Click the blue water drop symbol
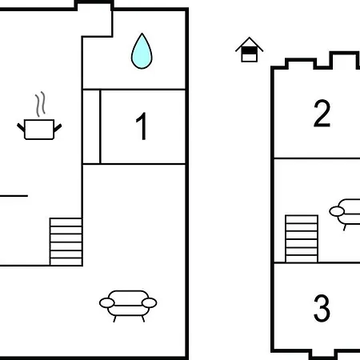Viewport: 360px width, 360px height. click(142, 51)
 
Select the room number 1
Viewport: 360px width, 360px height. click(142, 126)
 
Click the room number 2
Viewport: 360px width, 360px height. click(322, 113)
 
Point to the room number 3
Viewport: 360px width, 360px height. click(322, 308)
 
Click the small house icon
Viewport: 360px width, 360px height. click(250, 50)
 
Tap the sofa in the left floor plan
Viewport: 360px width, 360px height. click(128, 306)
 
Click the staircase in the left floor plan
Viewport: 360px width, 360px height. click(66, 242)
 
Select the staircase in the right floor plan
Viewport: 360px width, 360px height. click(302, 238)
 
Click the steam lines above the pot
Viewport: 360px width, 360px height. click(40, 104)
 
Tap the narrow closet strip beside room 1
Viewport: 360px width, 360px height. click(91, 126)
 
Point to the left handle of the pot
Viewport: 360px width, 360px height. click(21, 127)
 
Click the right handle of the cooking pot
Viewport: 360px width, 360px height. click(58, 128)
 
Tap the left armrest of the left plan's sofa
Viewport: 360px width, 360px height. click(107, 303)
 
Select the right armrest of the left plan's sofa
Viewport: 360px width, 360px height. click(149, 303)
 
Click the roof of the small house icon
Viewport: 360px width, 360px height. click(250, 42)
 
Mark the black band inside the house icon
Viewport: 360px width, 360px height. click(250, 50)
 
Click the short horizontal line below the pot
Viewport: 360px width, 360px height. click(14, 196)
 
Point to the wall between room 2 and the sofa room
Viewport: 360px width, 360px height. click(317, 158)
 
